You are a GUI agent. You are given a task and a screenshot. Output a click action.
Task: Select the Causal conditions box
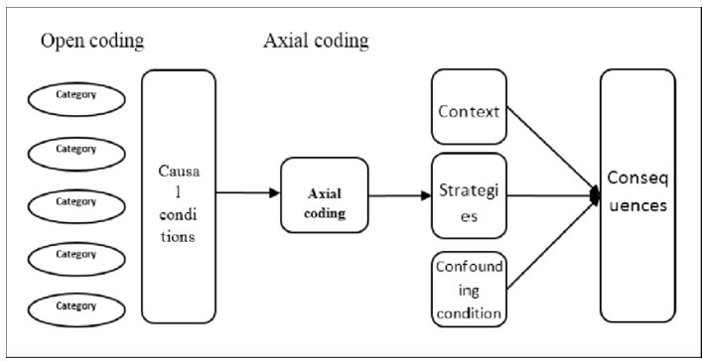(179, 194)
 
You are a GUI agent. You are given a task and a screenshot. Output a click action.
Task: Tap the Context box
(470, 111)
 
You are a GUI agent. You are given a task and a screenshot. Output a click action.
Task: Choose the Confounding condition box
(470, 288)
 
